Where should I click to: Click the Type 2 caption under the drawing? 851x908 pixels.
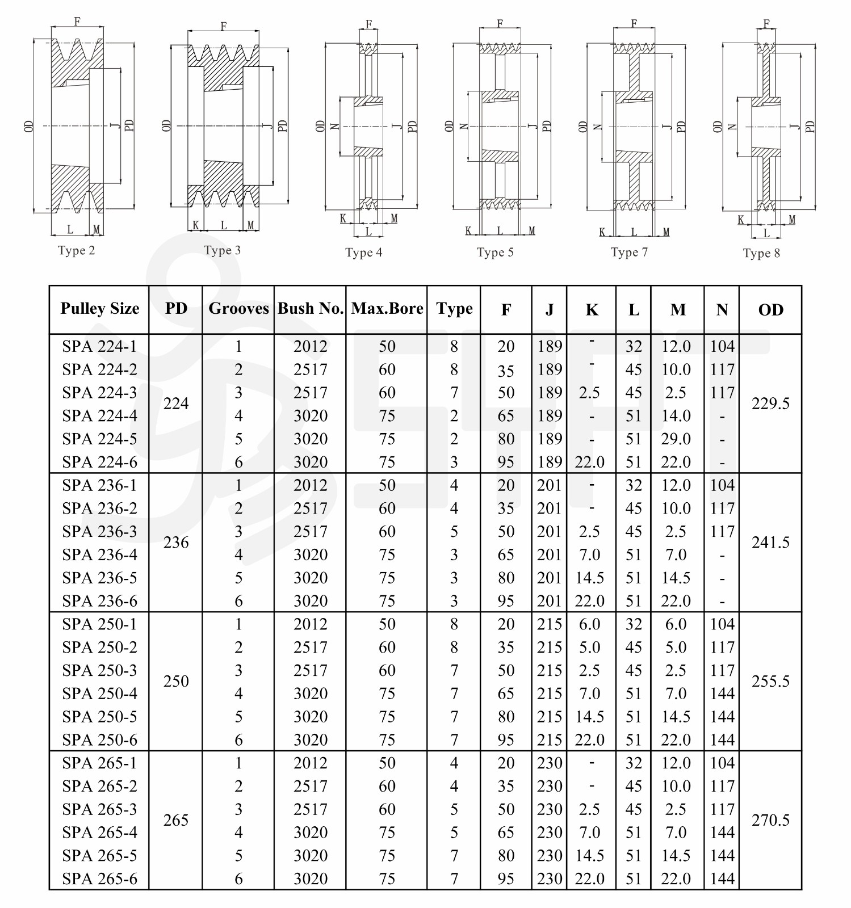(76, 250)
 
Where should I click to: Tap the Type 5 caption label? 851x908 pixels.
(495, 252)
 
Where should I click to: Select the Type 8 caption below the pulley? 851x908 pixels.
(761, 253)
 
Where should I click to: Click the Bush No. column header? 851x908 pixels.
(311, 308)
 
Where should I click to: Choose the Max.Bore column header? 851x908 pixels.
(387, 308)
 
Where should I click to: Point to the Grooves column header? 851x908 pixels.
(238, 308)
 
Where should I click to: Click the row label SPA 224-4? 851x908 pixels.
(100, 416)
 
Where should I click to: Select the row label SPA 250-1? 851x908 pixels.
(100, 624)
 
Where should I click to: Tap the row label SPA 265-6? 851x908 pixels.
(100, 879)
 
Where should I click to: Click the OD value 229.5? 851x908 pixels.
(770, 403)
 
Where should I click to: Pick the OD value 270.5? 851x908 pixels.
(770, 820)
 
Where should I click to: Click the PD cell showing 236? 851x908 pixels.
(176, 543)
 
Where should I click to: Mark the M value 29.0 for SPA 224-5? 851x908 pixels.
(676, 439)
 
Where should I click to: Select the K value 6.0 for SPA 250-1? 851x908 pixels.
(590, 624)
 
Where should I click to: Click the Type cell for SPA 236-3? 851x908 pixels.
(454, 532)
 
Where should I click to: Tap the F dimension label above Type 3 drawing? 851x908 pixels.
(224, 26)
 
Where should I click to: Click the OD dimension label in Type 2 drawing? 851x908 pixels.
(30, 126)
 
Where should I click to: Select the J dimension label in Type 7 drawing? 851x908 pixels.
(668, 126)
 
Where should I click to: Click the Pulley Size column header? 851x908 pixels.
(100, 308)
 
